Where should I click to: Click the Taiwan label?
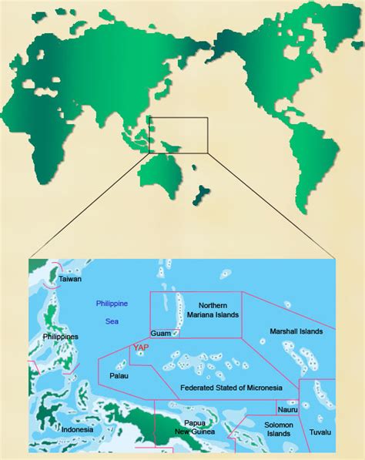click(70, 278)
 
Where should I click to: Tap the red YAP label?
click(141, 348)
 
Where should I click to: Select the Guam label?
click(160, 333)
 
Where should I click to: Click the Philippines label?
click(60, 337)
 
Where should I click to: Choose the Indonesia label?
click(77, 429)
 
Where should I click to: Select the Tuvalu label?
click(320, 432)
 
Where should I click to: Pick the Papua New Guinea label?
click(203, 428)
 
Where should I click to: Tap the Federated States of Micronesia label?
click(230, 387)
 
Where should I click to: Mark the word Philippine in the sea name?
click(112, 303)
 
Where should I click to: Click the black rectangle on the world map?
click(178, 135)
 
